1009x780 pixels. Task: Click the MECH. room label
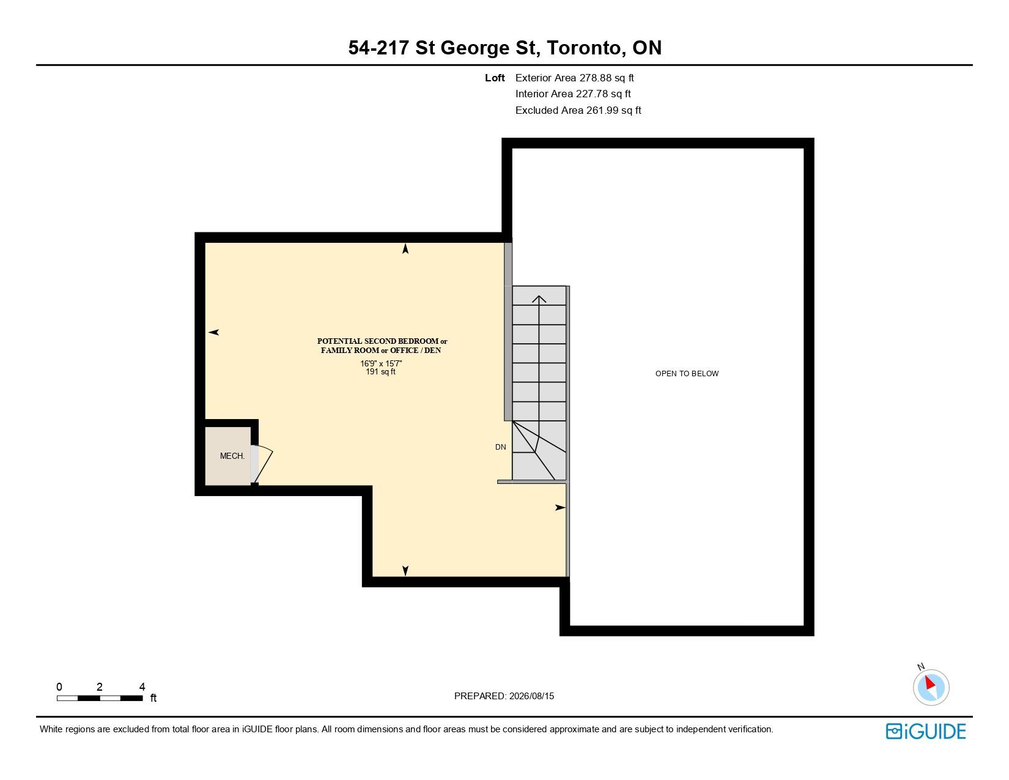tap(232, 456)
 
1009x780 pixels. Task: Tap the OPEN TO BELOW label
tap(687, 374)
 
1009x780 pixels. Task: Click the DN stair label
tap(501, 447)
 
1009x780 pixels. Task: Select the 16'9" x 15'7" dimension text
tap(381, 363)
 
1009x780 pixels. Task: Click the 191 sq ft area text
tap(381, 372)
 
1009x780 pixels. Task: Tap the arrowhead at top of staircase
tap(539, 299)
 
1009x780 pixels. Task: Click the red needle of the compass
tap(930, 683)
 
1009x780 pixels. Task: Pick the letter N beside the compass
tap(921, 667)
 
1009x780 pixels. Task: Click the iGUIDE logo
tap(926, 731)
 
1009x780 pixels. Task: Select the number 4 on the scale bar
tap(142, 686)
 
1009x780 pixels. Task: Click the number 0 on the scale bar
tap(59, 686)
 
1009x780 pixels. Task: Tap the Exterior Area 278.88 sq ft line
tap(574, 78)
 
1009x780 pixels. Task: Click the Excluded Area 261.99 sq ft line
tap(578, 111)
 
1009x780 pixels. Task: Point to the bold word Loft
tap(495, 78)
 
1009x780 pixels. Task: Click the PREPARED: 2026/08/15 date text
tap(504, 696)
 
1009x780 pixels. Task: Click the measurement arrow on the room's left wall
tap(213, 332)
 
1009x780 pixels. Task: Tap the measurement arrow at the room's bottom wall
tap(405, 571)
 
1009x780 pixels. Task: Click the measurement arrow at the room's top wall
tap(405, 248)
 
